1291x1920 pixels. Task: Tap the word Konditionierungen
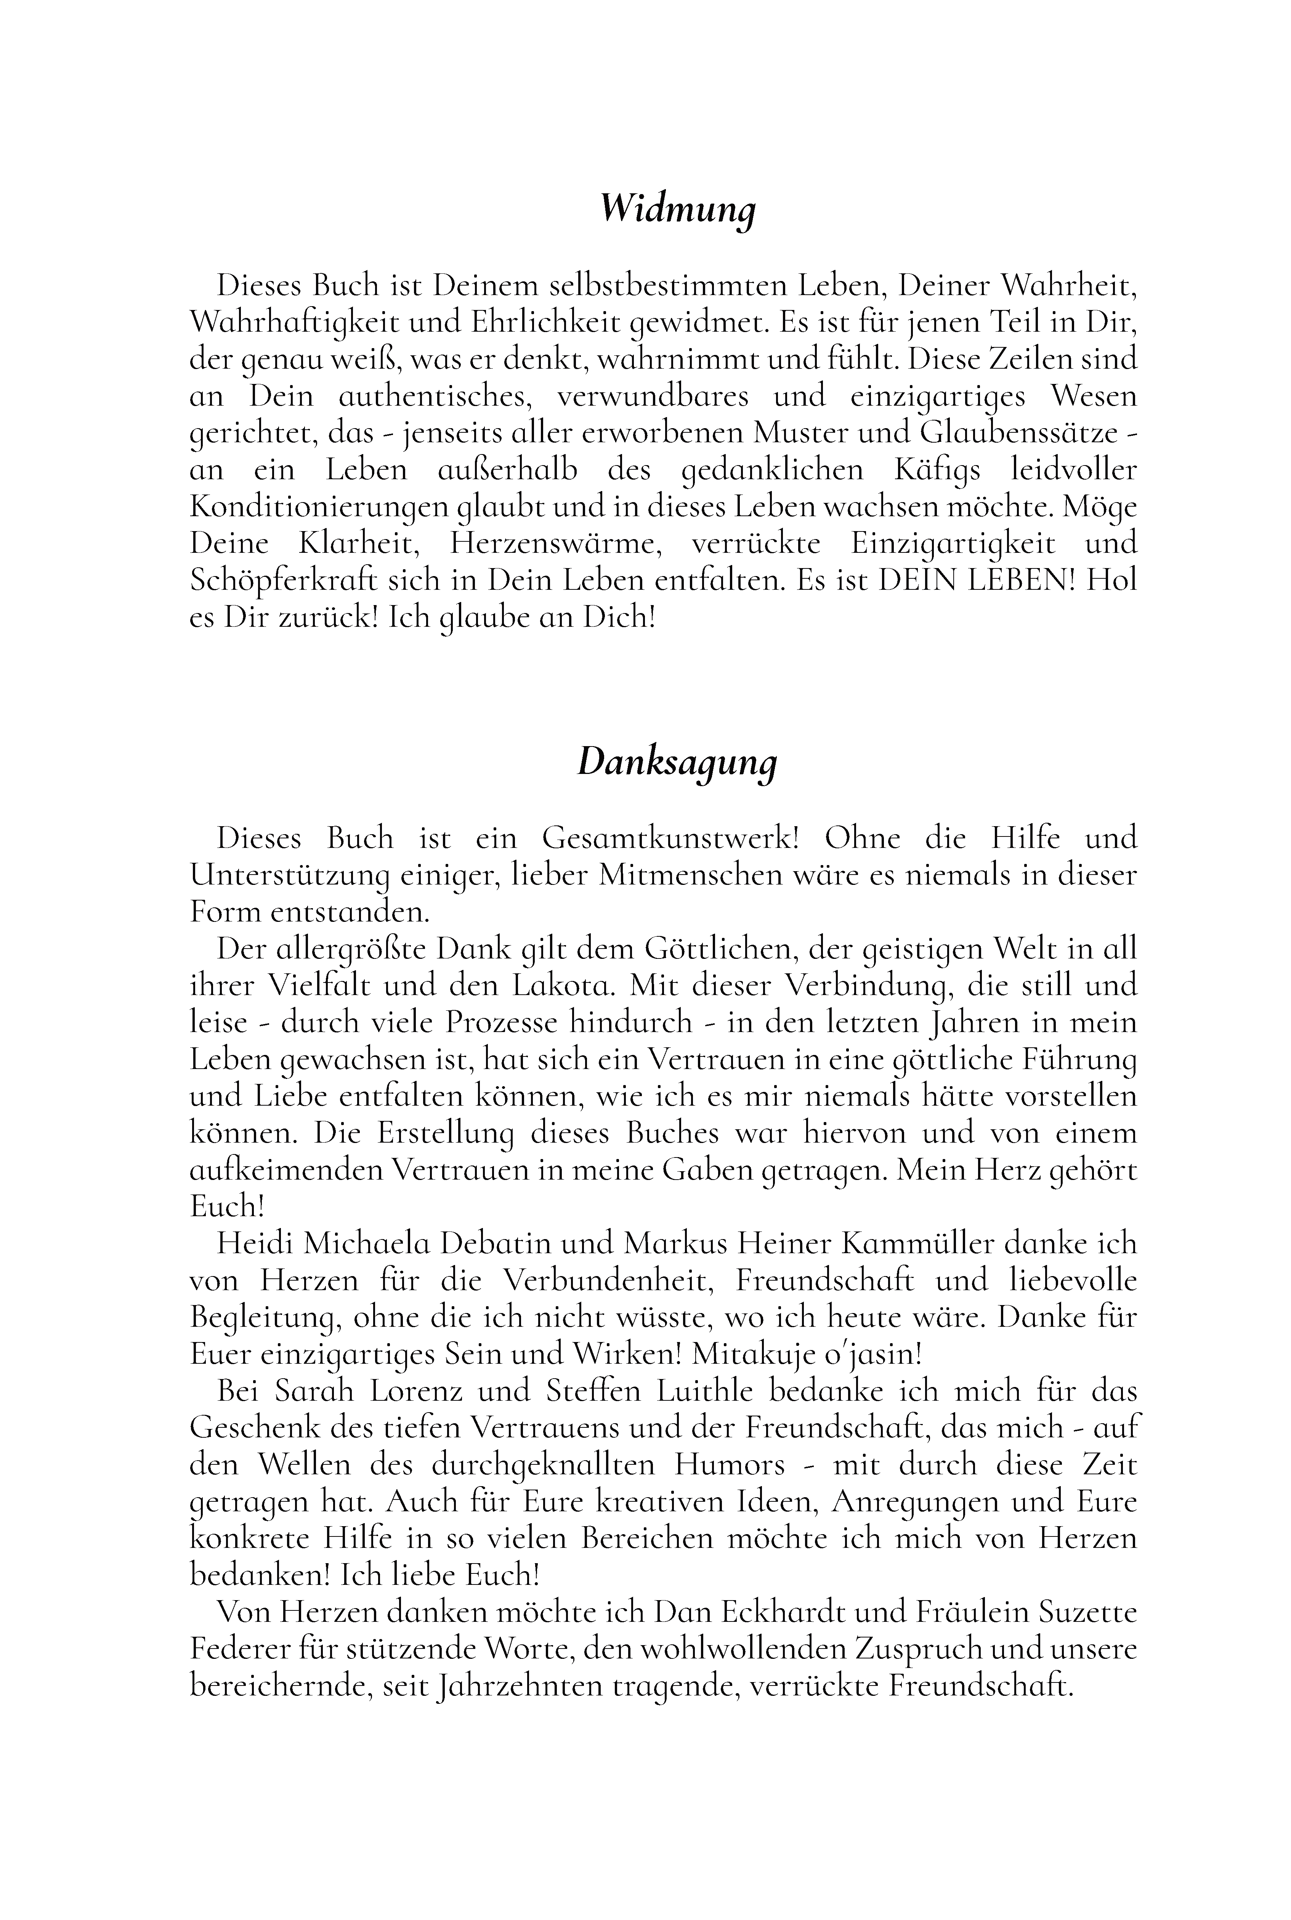[x=319, y=507]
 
